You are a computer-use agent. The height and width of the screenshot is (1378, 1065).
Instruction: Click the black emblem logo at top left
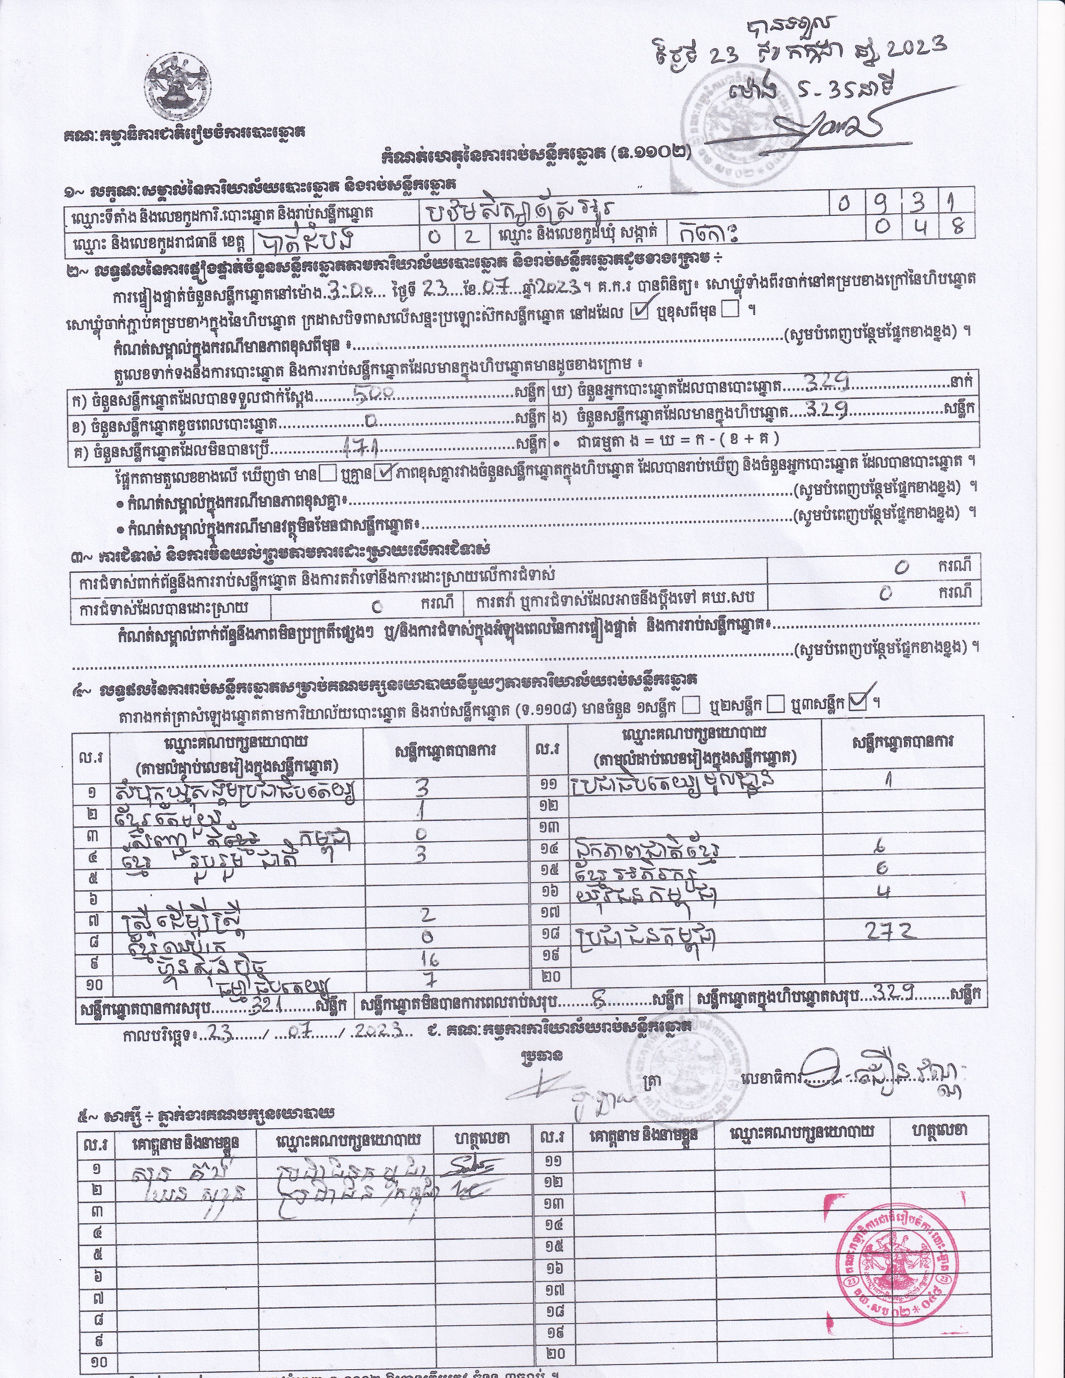click(177, 89)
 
